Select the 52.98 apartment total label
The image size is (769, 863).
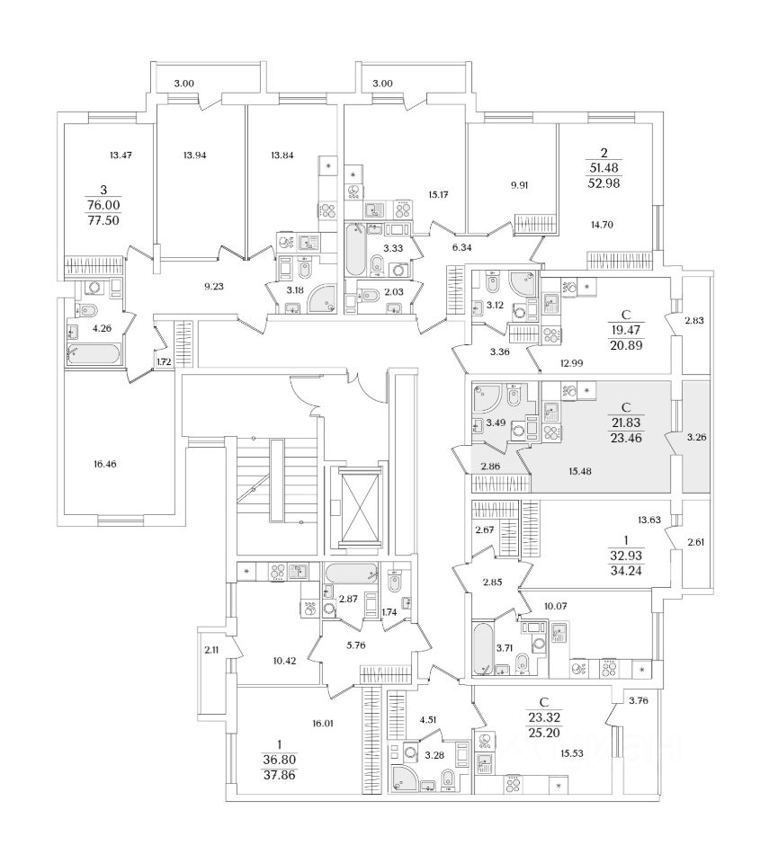click(x=619, y=184)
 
